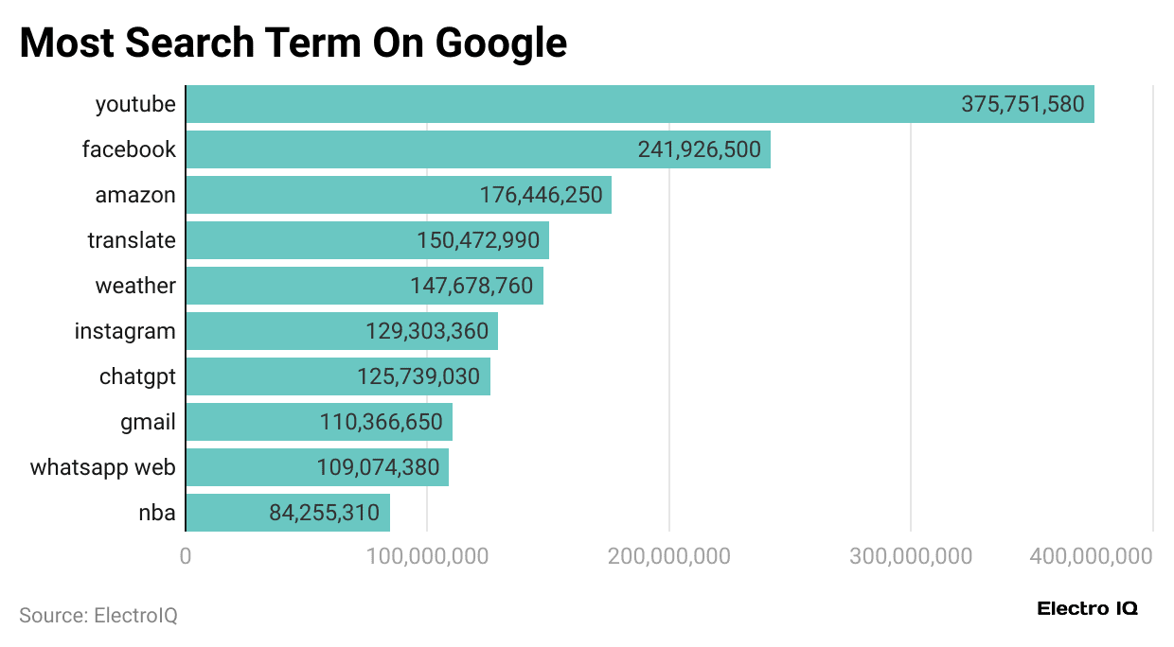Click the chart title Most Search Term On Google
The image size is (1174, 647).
click(x=293, y=44)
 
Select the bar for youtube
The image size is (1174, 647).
click(x=568, y=104)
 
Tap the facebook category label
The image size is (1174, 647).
click(x=129, y=149)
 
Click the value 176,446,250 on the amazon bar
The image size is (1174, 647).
click(x=541, y=195)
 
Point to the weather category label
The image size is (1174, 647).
click(x=135, y=286)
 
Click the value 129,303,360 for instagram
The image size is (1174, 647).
click(x=427, y=331)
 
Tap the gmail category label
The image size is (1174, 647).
click(x=148, y=422)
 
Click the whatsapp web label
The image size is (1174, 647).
click(x=102, y=467)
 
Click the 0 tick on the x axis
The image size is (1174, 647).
click(x=186, y=556)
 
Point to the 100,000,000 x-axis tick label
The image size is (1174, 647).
click(x=427, y=556)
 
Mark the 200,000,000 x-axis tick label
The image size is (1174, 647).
click(x=669, y=556)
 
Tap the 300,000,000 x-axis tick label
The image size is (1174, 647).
click(x=911, y=556)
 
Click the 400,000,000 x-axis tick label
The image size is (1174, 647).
click(x=1092, y=556)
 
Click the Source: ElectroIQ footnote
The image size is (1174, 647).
click(x=98, y=616)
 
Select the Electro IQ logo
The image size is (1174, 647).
click(x=1087, y=608)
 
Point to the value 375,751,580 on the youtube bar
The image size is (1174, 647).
click(x=1023, y=104)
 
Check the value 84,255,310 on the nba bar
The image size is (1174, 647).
click(x=324, y=513)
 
